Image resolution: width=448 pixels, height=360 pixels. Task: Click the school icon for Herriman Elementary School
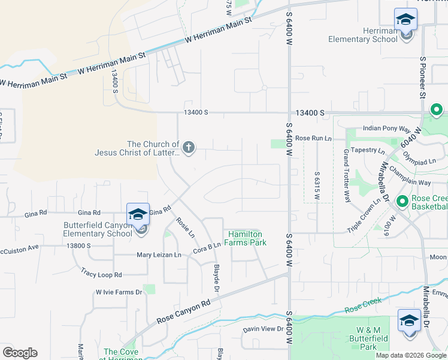pyautogui.click(x=405, y=20)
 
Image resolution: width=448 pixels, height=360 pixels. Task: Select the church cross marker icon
pyautogui.click(x=189, y=148)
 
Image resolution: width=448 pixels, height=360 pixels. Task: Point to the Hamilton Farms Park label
pyautogui.click(x=246, y=238)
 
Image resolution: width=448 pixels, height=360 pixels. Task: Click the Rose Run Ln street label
pyautogui.click(x=313, y=138)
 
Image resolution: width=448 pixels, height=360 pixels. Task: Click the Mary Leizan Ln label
pyautogui.click(x=159, y=255)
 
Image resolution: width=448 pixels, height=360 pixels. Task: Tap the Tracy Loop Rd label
pyautogui.click(x=101, y=274)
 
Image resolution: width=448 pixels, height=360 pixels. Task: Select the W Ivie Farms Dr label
pyautogui.click(x=119, y=292)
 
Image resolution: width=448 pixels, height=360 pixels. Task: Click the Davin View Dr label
pyautogui.click(x=263, y=329)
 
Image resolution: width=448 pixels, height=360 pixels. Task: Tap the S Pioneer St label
pyautogui.click(x=422, y=78)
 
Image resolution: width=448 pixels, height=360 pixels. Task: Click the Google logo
pyautogui.click(x=20, y=352)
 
